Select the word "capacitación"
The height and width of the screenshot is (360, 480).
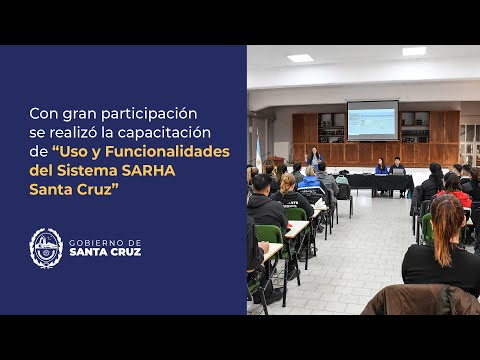[179, 132]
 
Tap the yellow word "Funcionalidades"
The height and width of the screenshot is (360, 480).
[179, 151]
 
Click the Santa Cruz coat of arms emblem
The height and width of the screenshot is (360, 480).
[46, 247]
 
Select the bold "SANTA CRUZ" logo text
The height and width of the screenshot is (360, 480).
[105, 252]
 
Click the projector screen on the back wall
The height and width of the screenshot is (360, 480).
[372, 119]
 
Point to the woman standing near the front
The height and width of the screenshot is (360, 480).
[315, 158]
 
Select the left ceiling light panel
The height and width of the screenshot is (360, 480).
[300, 58]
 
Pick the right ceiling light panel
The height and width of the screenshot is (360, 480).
[413, 51]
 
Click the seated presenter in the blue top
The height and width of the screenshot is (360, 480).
[381, 167]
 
